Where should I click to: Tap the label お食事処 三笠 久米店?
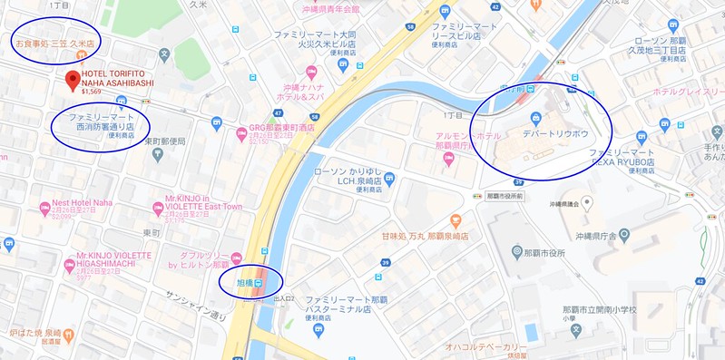pyautogui.click(x=54, y=43)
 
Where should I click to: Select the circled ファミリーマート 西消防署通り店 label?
pyautogui.click(x=101, y=123)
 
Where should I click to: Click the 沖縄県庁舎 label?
pyautogui.click(x=619, y=235)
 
